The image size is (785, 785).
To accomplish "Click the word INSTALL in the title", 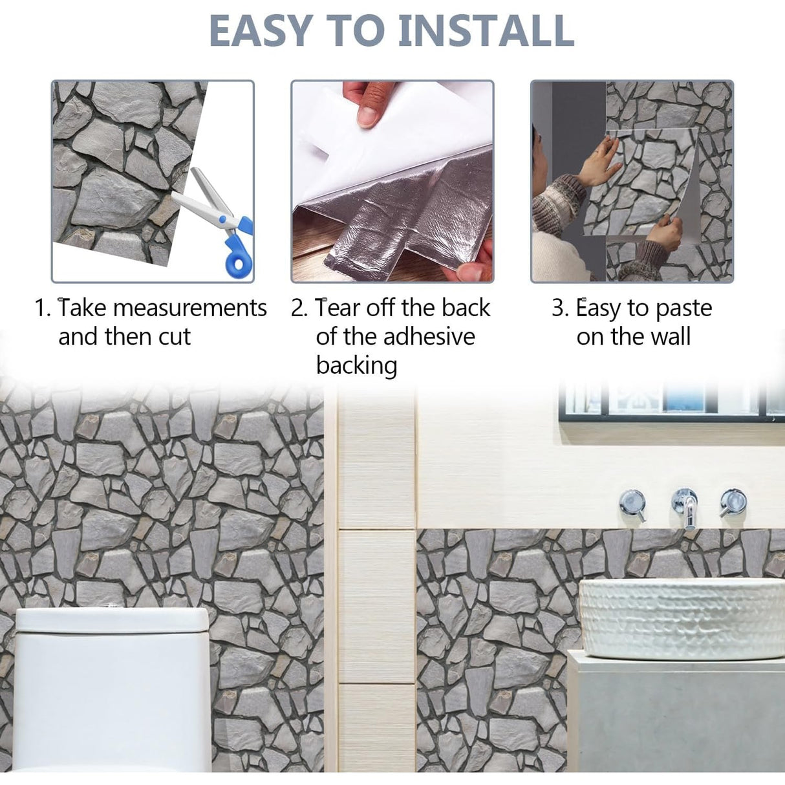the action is point(486,30).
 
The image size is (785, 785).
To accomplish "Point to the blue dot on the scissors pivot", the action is point(222,220).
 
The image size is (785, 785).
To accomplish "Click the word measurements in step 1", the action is point(190,308).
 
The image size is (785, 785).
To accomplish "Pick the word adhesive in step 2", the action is point(429,337).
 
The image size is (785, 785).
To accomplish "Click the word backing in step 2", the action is point(356,366).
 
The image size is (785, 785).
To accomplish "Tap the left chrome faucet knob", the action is point(632,504).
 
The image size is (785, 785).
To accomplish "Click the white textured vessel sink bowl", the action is point(682,618).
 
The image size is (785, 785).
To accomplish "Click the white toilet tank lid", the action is point(112,619).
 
